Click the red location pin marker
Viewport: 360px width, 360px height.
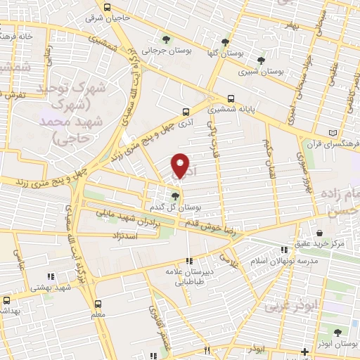(181, 166)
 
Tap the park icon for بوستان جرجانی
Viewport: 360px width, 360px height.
(165, 40)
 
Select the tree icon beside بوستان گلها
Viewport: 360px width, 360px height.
(225, 41)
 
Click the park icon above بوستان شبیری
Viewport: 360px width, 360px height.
(262, 60)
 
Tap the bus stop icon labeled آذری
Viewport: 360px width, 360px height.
(186, 111)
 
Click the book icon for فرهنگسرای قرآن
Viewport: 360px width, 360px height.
(333, 134)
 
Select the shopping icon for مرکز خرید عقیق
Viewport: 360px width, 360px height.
(320, 233)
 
